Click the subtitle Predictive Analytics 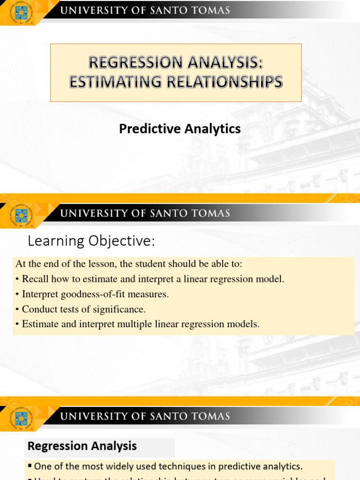tap(180, 129)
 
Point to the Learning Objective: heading tap(90, 241)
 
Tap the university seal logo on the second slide tap(21, 215)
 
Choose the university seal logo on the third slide tap(21, 418)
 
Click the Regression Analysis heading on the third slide tap(82, 446)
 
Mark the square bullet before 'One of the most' tap(30, 466)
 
